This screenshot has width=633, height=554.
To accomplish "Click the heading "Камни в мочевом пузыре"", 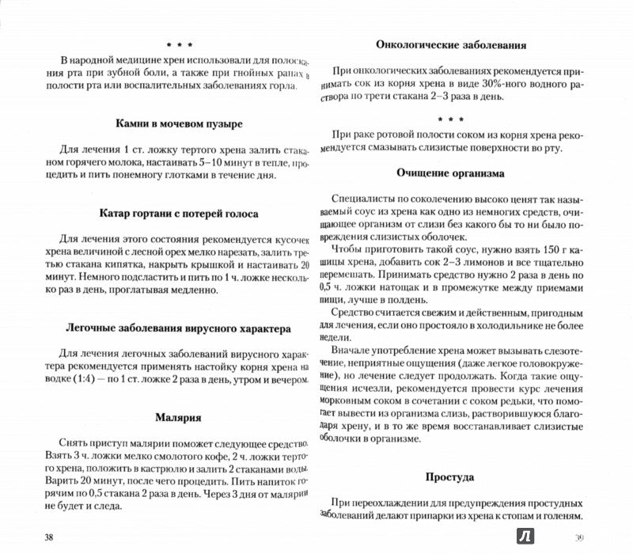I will (x=177, y=123).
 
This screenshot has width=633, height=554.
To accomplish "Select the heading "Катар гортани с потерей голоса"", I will (x=179, y=214).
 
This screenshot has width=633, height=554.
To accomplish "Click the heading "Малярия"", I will (x=179, y=416).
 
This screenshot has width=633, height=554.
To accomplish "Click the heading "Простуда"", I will (x=449, y=477).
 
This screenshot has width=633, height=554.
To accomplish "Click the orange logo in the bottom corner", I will (x=525, y=538).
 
